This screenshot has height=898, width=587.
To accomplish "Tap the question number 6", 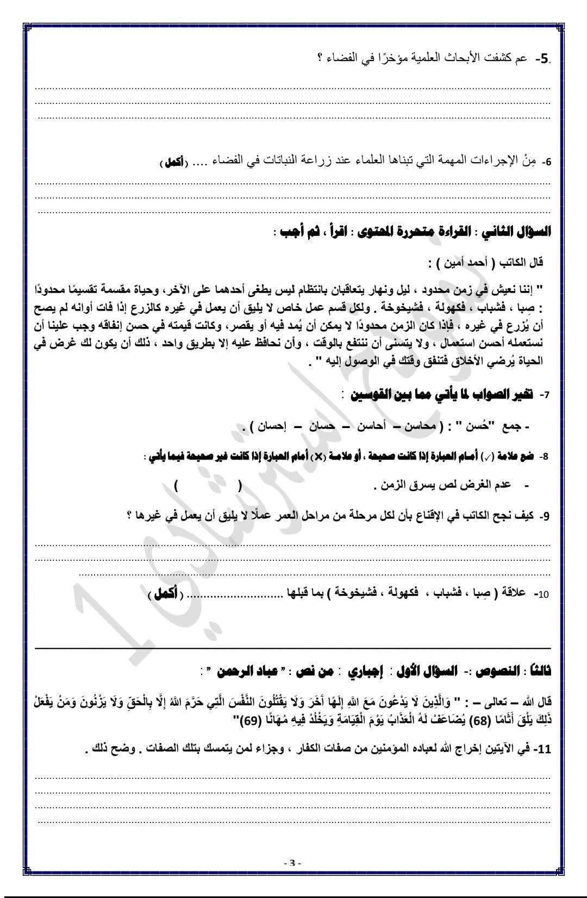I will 548,162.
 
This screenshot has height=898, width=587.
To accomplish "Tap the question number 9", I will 545,516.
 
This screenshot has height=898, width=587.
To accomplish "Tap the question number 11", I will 544,750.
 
